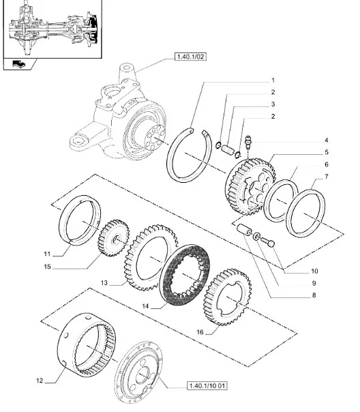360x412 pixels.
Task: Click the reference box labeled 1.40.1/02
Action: tap(190, 57)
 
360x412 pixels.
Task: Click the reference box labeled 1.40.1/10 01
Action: tap(207, 385)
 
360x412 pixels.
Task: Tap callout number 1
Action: tap(273, 80)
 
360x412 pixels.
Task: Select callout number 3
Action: tap(273, 104)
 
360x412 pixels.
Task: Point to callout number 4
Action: tap(327, 140)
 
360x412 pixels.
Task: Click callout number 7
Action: tap(327, 176)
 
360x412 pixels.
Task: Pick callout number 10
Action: tap(314, 271)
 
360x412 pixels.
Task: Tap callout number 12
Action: tap(40, 380)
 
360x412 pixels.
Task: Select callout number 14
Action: tap(145, 306)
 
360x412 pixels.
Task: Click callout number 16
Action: tap(200, 332)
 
